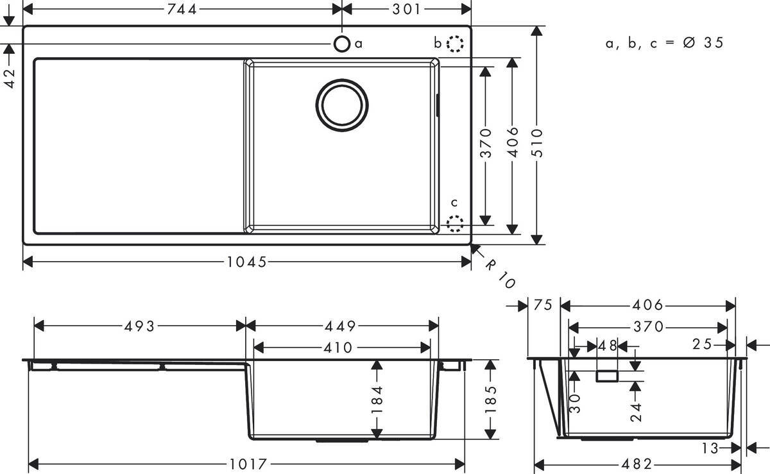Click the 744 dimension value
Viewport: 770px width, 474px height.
tap(181, 9)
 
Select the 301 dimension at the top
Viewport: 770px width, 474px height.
tap(406, 9)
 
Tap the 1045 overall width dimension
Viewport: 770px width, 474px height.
tap(246, 262)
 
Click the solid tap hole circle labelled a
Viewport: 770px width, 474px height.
tap(342, 44)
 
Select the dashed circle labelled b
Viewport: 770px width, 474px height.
tap(455, 44)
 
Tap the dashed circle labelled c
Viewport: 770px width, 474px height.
tap(455, 224)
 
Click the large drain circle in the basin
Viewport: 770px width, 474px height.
tap(342, 104)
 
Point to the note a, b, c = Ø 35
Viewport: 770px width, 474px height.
tap(664, 43)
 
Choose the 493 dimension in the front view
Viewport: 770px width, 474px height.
tap(139, 326)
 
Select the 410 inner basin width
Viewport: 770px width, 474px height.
tap(338, 347)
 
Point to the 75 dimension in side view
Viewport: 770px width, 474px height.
tap(542, 306)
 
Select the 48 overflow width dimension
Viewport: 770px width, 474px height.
tap(607, 346)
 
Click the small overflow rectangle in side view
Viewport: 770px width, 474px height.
tap(607, 376)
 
